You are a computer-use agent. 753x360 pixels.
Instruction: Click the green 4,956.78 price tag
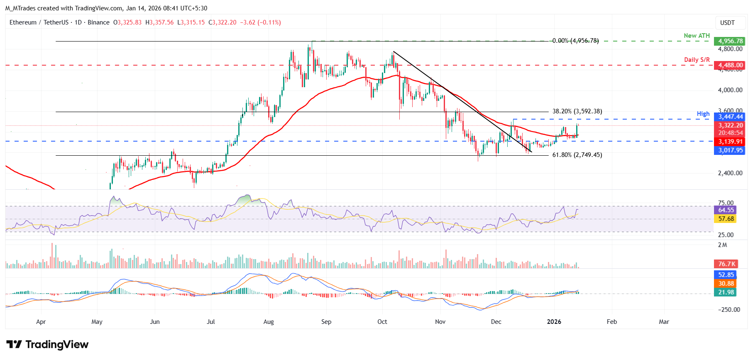730,41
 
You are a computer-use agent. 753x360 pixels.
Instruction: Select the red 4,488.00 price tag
730,65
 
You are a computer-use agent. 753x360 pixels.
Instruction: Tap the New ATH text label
697,36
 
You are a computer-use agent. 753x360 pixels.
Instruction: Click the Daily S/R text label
697,60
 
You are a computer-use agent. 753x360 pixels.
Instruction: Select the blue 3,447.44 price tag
730,117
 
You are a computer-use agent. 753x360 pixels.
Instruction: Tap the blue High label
703,114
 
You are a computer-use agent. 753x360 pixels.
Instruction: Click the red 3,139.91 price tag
730,142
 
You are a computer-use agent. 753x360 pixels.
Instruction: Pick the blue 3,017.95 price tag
730,150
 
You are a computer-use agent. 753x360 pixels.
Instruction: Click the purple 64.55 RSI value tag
725,210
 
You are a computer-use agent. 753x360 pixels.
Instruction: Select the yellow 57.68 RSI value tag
725,219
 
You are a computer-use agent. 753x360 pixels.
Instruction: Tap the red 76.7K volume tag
725,264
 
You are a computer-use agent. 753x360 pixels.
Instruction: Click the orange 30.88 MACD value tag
725,284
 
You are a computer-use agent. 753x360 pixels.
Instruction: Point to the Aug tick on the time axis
269,322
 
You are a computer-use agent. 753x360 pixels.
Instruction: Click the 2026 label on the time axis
554,322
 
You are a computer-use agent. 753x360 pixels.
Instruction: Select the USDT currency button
727,23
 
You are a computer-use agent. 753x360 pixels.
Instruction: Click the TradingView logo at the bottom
47,344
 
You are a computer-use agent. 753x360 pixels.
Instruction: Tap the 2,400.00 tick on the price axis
730,173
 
